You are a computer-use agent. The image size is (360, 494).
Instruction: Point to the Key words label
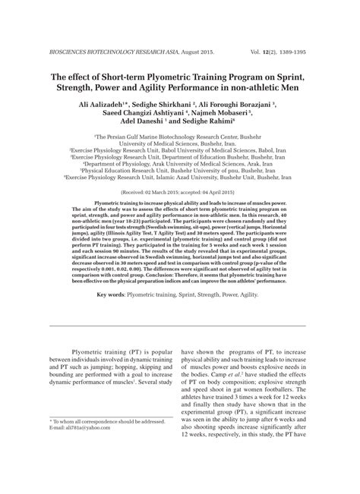click(x=112, y=294)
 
